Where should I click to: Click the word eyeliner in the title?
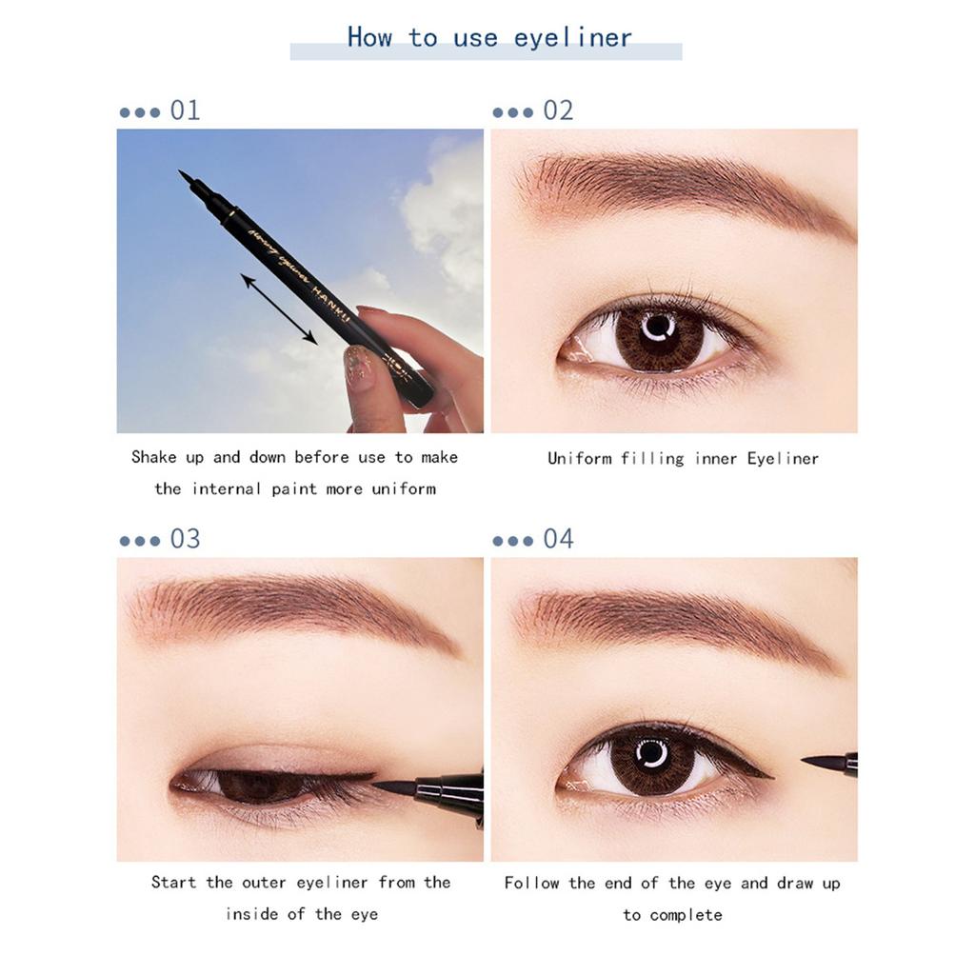(572, 39)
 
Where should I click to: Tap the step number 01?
(185, 110)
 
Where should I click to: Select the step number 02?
(558, 110)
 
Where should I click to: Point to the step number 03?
(185, 539)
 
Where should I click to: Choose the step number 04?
(558, 539)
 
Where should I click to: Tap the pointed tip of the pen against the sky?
(183, 175)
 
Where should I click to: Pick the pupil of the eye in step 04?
(652, 757)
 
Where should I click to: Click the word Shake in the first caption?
(153, 458)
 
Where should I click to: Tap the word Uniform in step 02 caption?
(579, 459)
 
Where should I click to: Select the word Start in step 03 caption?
(173, 883)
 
